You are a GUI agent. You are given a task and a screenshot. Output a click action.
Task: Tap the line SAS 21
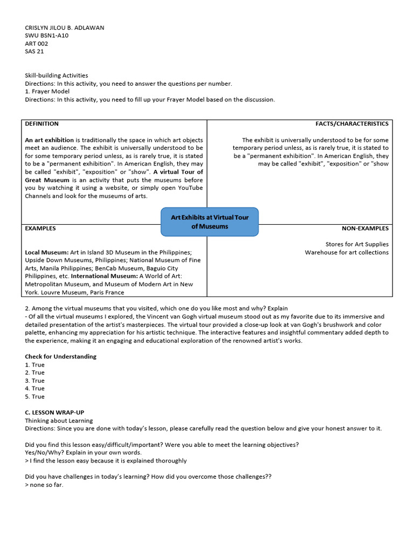coord(34,52)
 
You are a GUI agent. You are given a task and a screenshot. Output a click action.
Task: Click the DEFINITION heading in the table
coord(42,124)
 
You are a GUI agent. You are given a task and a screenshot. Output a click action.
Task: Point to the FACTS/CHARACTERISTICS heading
coord(351,124)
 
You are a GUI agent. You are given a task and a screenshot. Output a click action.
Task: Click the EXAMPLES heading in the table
coord(40,229)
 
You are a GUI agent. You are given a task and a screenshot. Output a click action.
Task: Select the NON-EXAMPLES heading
coord(365,229)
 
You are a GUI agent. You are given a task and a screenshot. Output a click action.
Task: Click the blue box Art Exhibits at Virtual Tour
coord(210,222)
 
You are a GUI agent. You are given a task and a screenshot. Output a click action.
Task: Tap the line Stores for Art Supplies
coord(356,244)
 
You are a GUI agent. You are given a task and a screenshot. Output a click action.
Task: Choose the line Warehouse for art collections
coord(346,252)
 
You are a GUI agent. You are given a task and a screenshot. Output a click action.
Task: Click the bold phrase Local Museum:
coord(47,252)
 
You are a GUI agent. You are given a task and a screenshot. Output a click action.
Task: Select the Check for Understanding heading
coord(61,356)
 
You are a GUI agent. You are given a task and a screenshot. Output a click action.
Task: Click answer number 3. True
coord(35,381)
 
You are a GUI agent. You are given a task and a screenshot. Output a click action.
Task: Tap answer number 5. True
coord(35,397)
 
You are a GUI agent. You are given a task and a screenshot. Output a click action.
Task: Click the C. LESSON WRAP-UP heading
coord(54,412)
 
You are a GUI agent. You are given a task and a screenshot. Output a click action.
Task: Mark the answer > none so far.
coord(44,485)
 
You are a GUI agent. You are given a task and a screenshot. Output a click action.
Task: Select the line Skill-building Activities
coord(57,75)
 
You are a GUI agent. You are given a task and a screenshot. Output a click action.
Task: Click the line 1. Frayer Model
coord(47,92)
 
